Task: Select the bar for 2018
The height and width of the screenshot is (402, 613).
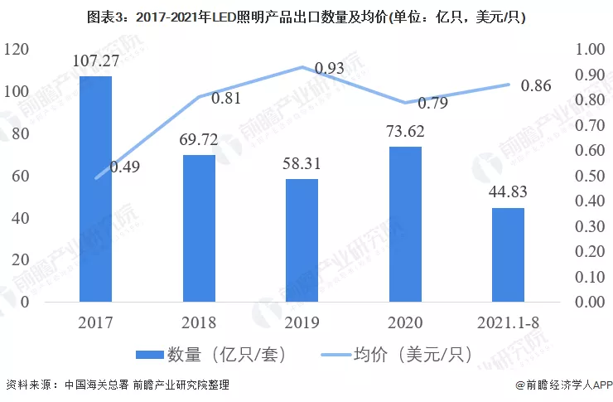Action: [199, 228]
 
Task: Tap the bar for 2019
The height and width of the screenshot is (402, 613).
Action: [302, 240]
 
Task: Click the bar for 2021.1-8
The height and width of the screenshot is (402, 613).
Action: [508, 254]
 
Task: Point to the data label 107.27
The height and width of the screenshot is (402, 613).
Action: [95, 60]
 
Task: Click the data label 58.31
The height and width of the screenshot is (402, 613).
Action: [302, 163]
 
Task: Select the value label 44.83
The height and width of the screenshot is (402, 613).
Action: [508, 192]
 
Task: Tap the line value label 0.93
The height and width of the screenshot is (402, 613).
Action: [330, 67]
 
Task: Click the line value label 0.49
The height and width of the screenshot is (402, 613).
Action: [124, 167]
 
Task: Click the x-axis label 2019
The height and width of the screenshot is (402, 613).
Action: [302, 322]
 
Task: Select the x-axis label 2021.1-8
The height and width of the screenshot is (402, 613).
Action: [508, 322]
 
